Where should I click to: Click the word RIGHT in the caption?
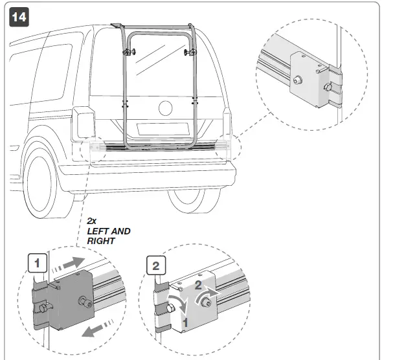pos(101,241)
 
